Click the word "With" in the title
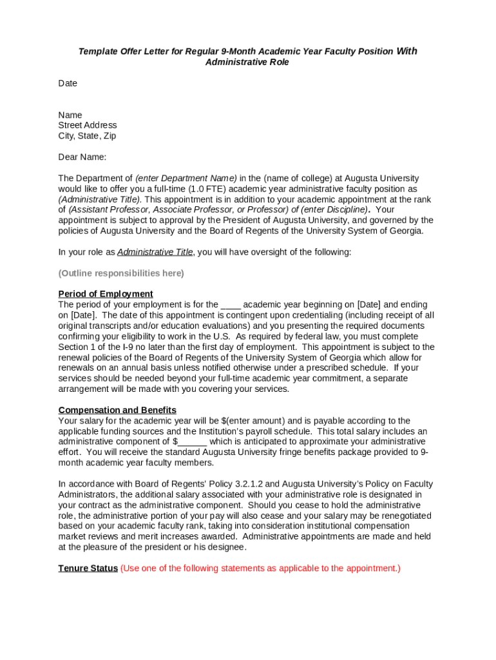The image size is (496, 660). point(406,51)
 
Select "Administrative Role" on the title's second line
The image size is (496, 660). point(247,62)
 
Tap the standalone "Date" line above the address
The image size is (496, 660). point(68,83)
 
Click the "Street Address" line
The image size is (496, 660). point(88,125)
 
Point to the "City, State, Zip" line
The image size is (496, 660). point(87,136)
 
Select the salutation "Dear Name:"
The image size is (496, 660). point(82,157)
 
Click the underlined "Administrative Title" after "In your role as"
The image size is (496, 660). point(155,252)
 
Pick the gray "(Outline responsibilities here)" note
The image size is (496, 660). point(121,273)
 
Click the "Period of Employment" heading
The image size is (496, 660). point(106,294)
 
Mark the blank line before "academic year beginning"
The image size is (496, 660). point(231,305)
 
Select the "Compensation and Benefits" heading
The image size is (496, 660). point(117,410)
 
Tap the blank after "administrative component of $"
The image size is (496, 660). point(192,442)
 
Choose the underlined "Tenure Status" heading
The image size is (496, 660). point(88,568)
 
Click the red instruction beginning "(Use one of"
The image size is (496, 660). point(260,568)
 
